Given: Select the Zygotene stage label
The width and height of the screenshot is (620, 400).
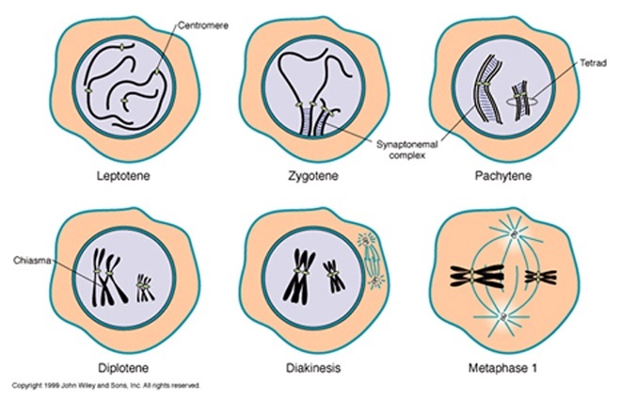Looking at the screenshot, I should click(x=307, y=175).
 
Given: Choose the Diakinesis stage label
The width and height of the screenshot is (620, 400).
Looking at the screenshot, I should click(x=307, y=365).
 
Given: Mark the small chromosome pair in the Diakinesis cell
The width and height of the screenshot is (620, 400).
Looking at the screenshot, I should click(x=333, y=277).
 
